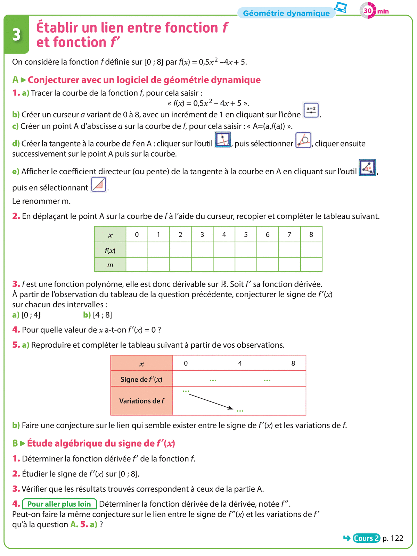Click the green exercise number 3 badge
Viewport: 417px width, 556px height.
pyautogui.click(x=16, y=35)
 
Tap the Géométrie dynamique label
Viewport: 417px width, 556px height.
pyautogui.click(x=286, y=13)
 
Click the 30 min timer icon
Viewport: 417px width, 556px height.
pyautogui.click(x=368, y=10)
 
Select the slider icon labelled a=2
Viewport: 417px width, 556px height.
pyautogui.click(x=311, y=110)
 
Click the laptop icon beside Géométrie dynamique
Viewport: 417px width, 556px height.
pyautogui.click(x=341, y=7)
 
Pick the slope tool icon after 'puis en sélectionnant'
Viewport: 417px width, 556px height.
pyautogui.click(x=99, y=184)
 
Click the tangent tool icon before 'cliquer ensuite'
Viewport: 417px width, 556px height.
pyautogui.click(x=303, y=140)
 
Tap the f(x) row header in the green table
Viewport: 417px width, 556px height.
pyautogui.click(x=110, y=250)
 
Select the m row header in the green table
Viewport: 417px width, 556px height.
pyautogui.click(x=110, y=265)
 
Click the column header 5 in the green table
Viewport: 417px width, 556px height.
pyautogui.click(x=246, y=234)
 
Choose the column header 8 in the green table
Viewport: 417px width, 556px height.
pyautogui.click(x=311, y=234)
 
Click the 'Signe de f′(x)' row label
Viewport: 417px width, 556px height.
pyautogui.click(x=141, y=379)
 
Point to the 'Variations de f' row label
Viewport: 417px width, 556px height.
pyautogui.click(x=141, y=401)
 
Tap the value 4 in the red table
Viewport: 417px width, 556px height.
pyautogui.click(x=240, y=363)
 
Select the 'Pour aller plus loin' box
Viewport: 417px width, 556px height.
pyautogui.click(x=59, y=504)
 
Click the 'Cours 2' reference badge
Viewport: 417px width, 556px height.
pyautogui.click(x=366, y=538)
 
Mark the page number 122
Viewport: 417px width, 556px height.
pyautogui.click(x=397, y=538)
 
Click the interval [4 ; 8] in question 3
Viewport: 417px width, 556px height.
pyautogui.click(x=103, y=315)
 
